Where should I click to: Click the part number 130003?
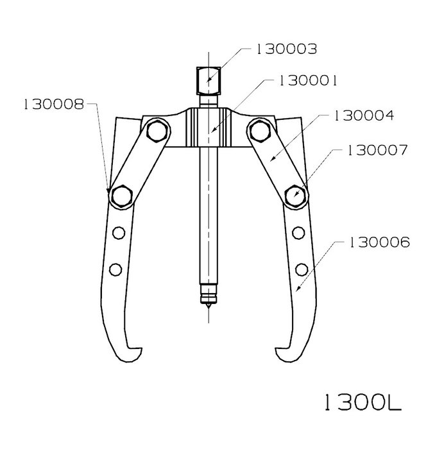286,49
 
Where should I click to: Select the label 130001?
308,81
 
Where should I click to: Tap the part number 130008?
54,104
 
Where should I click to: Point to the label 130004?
364,115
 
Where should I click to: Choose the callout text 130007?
377,150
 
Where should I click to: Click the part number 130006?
379,242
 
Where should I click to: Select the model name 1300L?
363,402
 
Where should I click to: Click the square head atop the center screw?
209,81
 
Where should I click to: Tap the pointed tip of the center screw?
209,308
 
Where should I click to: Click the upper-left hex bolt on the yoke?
157,131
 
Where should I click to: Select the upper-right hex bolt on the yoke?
260,131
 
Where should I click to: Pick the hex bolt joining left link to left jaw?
122,196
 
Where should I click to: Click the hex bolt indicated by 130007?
295,196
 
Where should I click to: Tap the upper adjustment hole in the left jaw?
119,233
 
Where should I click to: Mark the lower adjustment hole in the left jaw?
115,269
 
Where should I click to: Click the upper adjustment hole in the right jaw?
298,233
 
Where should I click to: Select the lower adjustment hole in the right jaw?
302,269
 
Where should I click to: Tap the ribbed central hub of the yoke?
209,128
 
